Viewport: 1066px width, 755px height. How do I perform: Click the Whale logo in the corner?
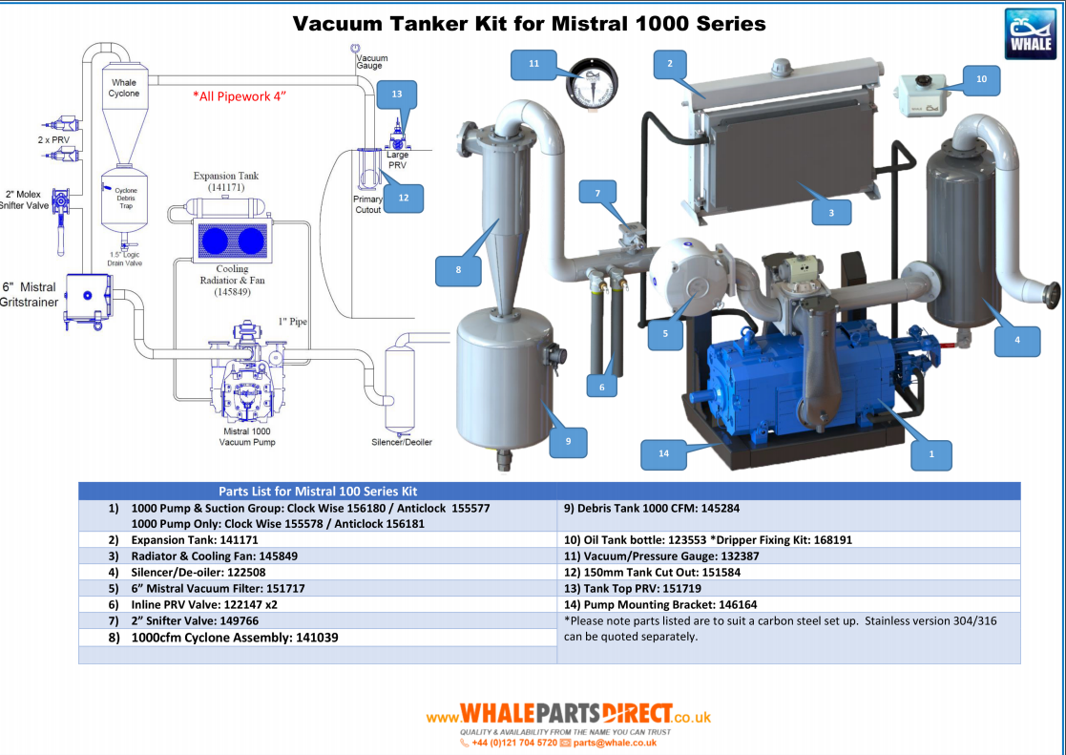pyautogui.click(x=1030, y=34)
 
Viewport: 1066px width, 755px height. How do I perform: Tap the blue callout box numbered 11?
pyautogui.click(x=533, y=63)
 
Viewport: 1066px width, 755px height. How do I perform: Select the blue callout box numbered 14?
pyautogui.click(x=663, y=453)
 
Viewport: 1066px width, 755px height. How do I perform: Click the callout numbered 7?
pyautogui.click(x=597, y=193)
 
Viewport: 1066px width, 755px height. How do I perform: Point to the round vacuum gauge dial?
pyautogui.click(x=592, y=82)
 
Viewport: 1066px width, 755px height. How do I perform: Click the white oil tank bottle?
pyautogui.click(x=924, y=95)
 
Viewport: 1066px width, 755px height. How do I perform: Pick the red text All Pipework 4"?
pyautogui.click(x=240, y=96)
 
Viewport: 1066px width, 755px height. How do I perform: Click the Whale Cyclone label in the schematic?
pyautogui.click(x=124, y=88)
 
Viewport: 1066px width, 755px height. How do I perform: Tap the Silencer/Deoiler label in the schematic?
pyautogui.click(x=402, y=442)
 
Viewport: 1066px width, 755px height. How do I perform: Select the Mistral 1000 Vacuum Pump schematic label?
pyautogui.click(x=247, y=436)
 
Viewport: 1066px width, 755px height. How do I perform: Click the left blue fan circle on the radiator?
pyautogui.click(x=214, y=241)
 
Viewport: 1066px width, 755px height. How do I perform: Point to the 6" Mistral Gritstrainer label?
pyautogui.click(x=30, y=295)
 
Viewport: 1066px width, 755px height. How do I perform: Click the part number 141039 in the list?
pyautogui.click(x=317, y=638)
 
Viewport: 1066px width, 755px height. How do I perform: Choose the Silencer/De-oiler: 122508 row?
pyautogui.click(x=199, y=573)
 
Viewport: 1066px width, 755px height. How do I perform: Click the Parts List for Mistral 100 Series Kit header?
pyautogui.click(x=318, y=492)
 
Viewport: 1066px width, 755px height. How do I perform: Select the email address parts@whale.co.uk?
pyautogui.click(x=615, y=743)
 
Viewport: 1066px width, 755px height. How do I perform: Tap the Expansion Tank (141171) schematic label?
pyautogui.click(x=226, y=181)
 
